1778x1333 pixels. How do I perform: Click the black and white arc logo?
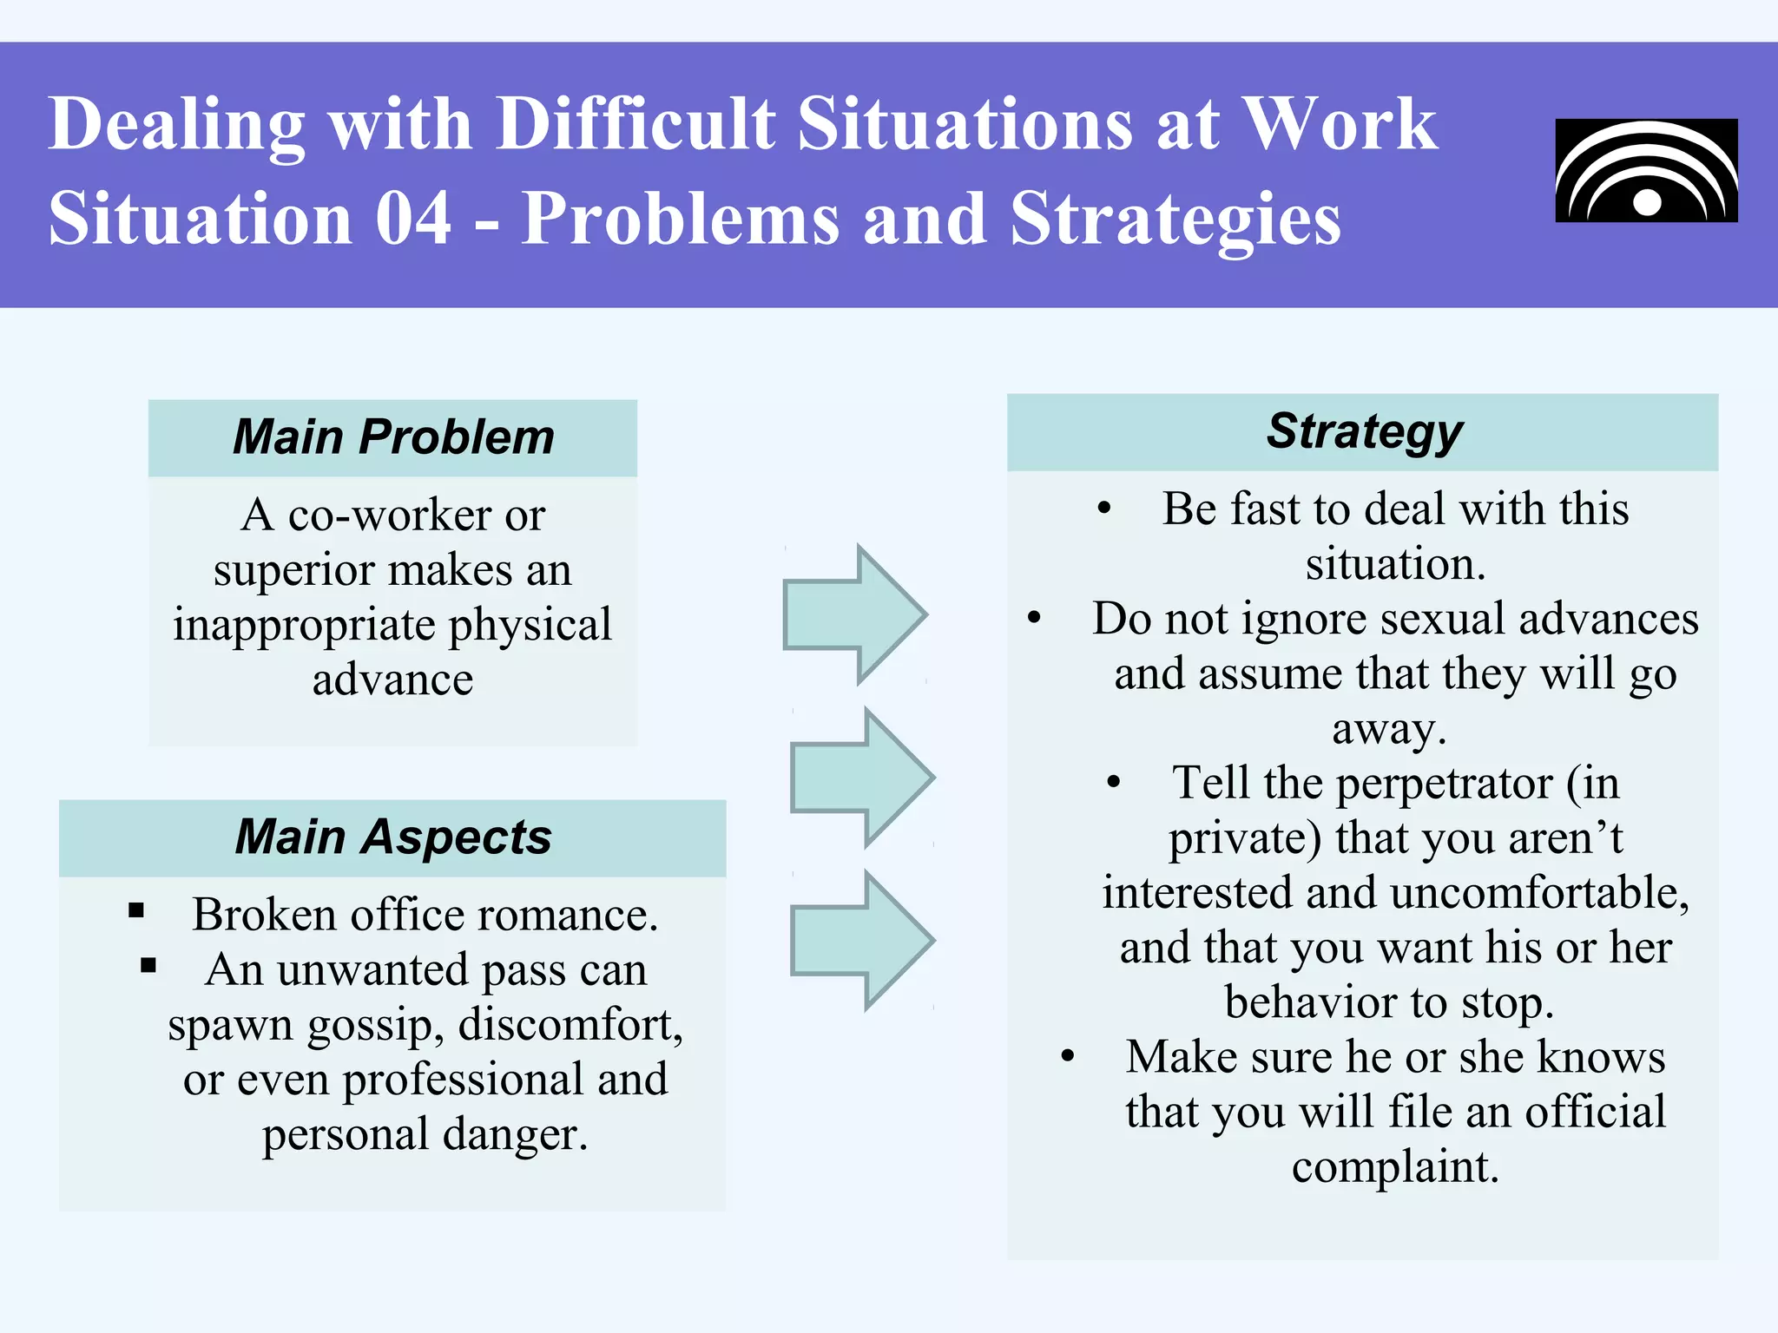(x=1646, y=171)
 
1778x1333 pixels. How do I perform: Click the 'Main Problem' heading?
(x=393, y=437)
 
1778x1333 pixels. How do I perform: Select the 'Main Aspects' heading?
(x=393, y=837)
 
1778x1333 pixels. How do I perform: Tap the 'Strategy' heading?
(x=1364, y=431)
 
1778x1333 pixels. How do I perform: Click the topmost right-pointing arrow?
(x=854, y=614)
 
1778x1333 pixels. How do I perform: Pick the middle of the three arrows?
(x=862, y=777)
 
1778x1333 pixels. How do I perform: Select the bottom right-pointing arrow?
(x=862, y=941)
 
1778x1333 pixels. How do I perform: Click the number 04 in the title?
(x=413, y=219)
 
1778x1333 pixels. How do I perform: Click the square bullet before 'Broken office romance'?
(x=136, y=910)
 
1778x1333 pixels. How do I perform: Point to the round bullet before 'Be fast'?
(x=1103, y=509)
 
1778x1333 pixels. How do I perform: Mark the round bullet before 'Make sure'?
(x=1068, y=1057)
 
